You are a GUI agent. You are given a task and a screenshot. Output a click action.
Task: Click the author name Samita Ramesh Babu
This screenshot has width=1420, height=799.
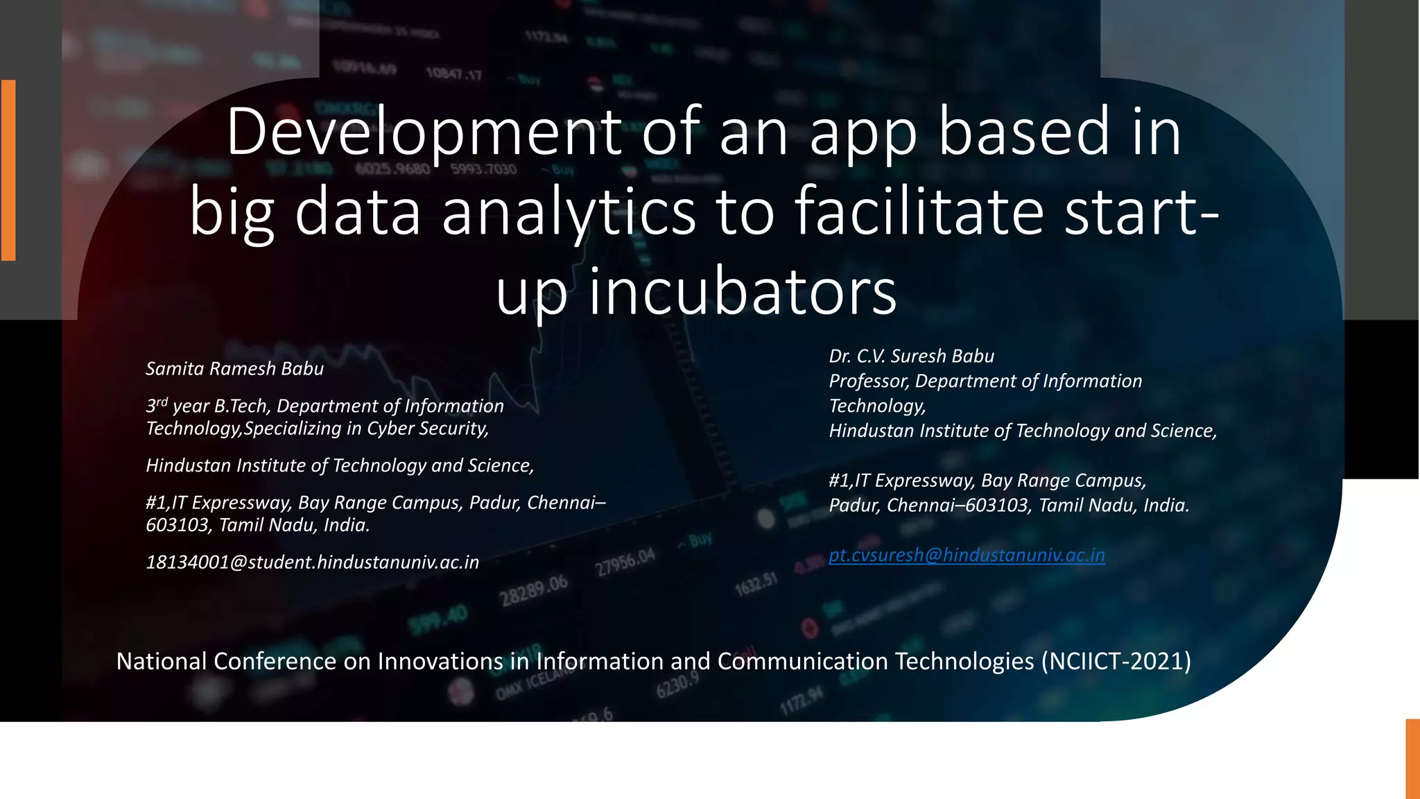pos(234,368)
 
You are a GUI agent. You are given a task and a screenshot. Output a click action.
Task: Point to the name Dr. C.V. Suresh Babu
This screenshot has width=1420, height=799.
pos(911,356)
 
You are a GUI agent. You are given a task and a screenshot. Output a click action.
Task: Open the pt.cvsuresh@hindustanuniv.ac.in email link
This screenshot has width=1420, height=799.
pos(967,555)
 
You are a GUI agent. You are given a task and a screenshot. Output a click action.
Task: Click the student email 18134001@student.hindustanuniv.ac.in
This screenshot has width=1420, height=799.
pos(312,562)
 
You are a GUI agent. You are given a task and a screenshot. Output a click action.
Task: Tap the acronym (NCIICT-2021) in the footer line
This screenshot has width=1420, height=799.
pos(1116,661)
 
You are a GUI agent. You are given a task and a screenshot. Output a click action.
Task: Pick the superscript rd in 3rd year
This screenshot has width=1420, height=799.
pos(162,402)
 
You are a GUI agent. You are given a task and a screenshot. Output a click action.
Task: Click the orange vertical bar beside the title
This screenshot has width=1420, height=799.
pos(8,170)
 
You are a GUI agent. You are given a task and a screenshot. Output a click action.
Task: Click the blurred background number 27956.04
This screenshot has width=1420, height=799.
pos(625,562)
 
